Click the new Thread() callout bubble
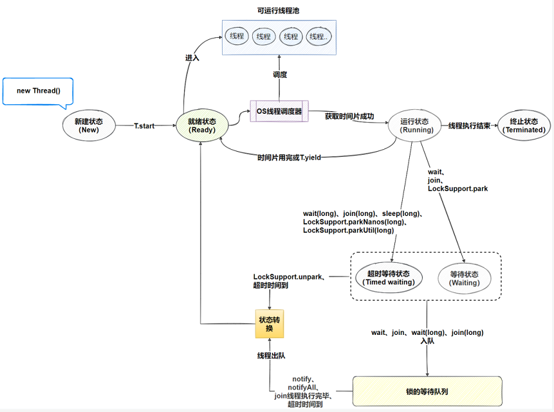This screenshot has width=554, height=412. coord(38,91)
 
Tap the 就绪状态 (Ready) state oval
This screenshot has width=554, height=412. coord(201,125)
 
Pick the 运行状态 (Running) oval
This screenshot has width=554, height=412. coord(414,125)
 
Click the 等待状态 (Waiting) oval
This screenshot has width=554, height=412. coord(464,278)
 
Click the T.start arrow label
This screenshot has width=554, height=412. coord(144,126)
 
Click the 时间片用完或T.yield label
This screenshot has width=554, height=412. coord(289,157)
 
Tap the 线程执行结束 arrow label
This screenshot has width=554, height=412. coord(470,126)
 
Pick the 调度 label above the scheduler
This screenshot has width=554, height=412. coord(279,75)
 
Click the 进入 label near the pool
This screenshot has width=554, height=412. coord(192,58)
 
